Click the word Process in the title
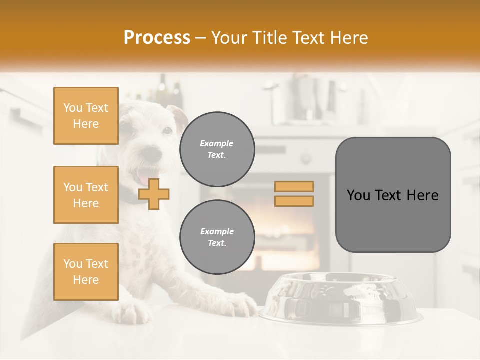[157, 38]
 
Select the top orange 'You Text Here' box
[86, 116]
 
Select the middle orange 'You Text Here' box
[86, 195]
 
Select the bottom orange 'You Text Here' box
[86, 272]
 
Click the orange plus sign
[154, 194]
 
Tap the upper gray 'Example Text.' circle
[217, 149]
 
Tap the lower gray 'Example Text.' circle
[217, 237]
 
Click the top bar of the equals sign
[294, 187]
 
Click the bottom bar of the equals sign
[294, 201]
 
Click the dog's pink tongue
[142, 176]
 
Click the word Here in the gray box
[422, 195]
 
